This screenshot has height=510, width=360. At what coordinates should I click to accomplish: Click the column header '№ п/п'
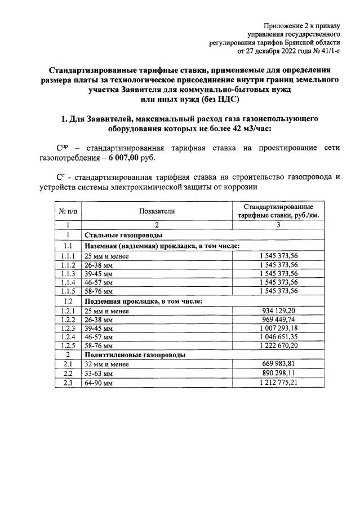68,211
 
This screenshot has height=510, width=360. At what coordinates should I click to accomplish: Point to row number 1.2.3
68,327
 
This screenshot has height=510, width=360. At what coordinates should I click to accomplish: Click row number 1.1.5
68,291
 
